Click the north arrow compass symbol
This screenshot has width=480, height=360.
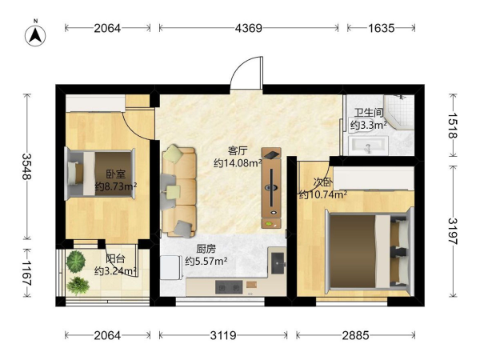(35, 34)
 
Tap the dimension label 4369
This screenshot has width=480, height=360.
(249, 29)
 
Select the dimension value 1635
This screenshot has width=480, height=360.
(381, 29)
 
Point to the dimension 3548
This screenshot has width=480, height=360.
(27, 166)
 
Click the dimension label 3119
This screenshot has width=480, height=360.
(223, 335)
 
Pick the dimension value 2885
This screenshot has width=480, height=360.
(355, 335)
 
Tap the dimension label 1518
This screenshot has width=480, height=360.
(453, 126)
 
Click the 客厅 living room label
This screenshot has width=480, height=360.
(238, 150)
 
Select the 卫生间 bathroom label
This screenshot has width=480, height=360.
(369, 113)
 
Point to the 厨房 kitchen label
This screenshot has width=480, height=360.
(206, 249)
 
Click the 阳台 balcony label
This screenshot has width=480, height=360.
(115, 259)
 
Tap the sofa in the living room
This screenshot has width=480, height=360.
(178, 193)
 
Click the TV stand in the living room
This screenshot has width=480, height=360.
(271, 188)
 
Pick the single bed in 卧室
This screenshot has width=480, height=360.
(100, 174)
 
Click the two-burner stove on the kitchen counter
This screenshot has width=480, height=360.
(229, 287)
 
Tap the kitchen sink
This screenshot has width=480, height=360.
(278, 263)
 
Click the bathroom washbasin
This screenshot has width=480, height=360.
(369, 146)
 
